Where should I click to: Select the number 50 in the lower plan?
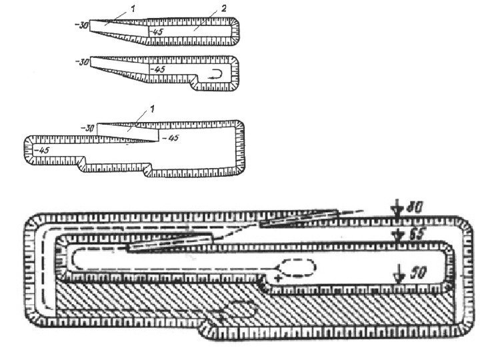pyautogui.click(x=418, y=273)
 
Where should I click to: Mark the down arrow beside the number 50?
pyautogui.click(x=398, y=273)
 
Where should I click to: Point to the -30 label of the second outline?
pyautogui.click(x=81, y=62)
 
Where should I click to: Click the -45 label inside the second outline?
pyautogui.click(x=158, y=69)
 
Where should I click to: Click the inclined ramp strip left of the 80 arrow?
pyautogui.click(x=300, y=217)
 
